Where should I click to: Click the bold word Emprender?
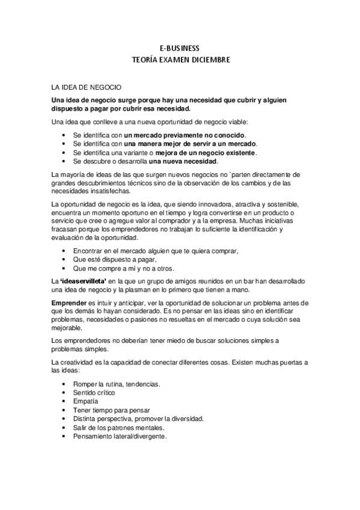pos(69,301)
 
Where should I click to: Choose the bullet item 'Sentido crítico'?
pos(94,392)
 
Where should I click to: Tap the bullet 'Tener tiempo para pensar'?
pos(107,410)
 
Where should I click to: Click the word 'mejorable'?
pos(67,328)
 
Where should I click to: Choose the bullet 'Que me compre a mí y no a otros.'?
pos(123,268)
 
